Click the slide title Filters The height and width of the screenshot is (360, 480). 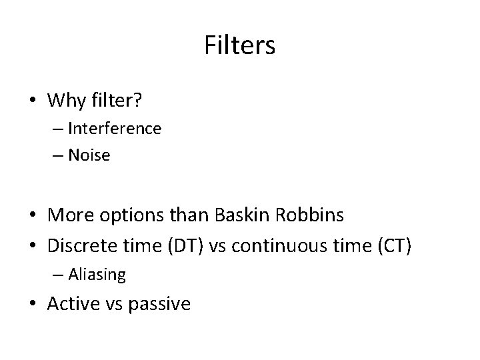pyautogui.click(x=239, y=45)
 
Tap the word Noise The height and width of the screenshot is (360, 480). pyautogui.click(x=89, y=155)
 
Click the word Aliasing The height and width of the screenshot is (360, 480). pyautogui.click(x=96, y=273)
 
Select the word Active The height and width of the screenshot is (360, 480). pyautogui.click(x=72, y=304)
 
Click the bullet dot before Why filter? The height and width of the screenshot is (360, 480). pyautogui.click(x=33, y=101)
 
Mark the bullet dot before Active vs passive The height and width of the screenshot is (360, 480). pyautogui.click(x=33, y=305)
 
